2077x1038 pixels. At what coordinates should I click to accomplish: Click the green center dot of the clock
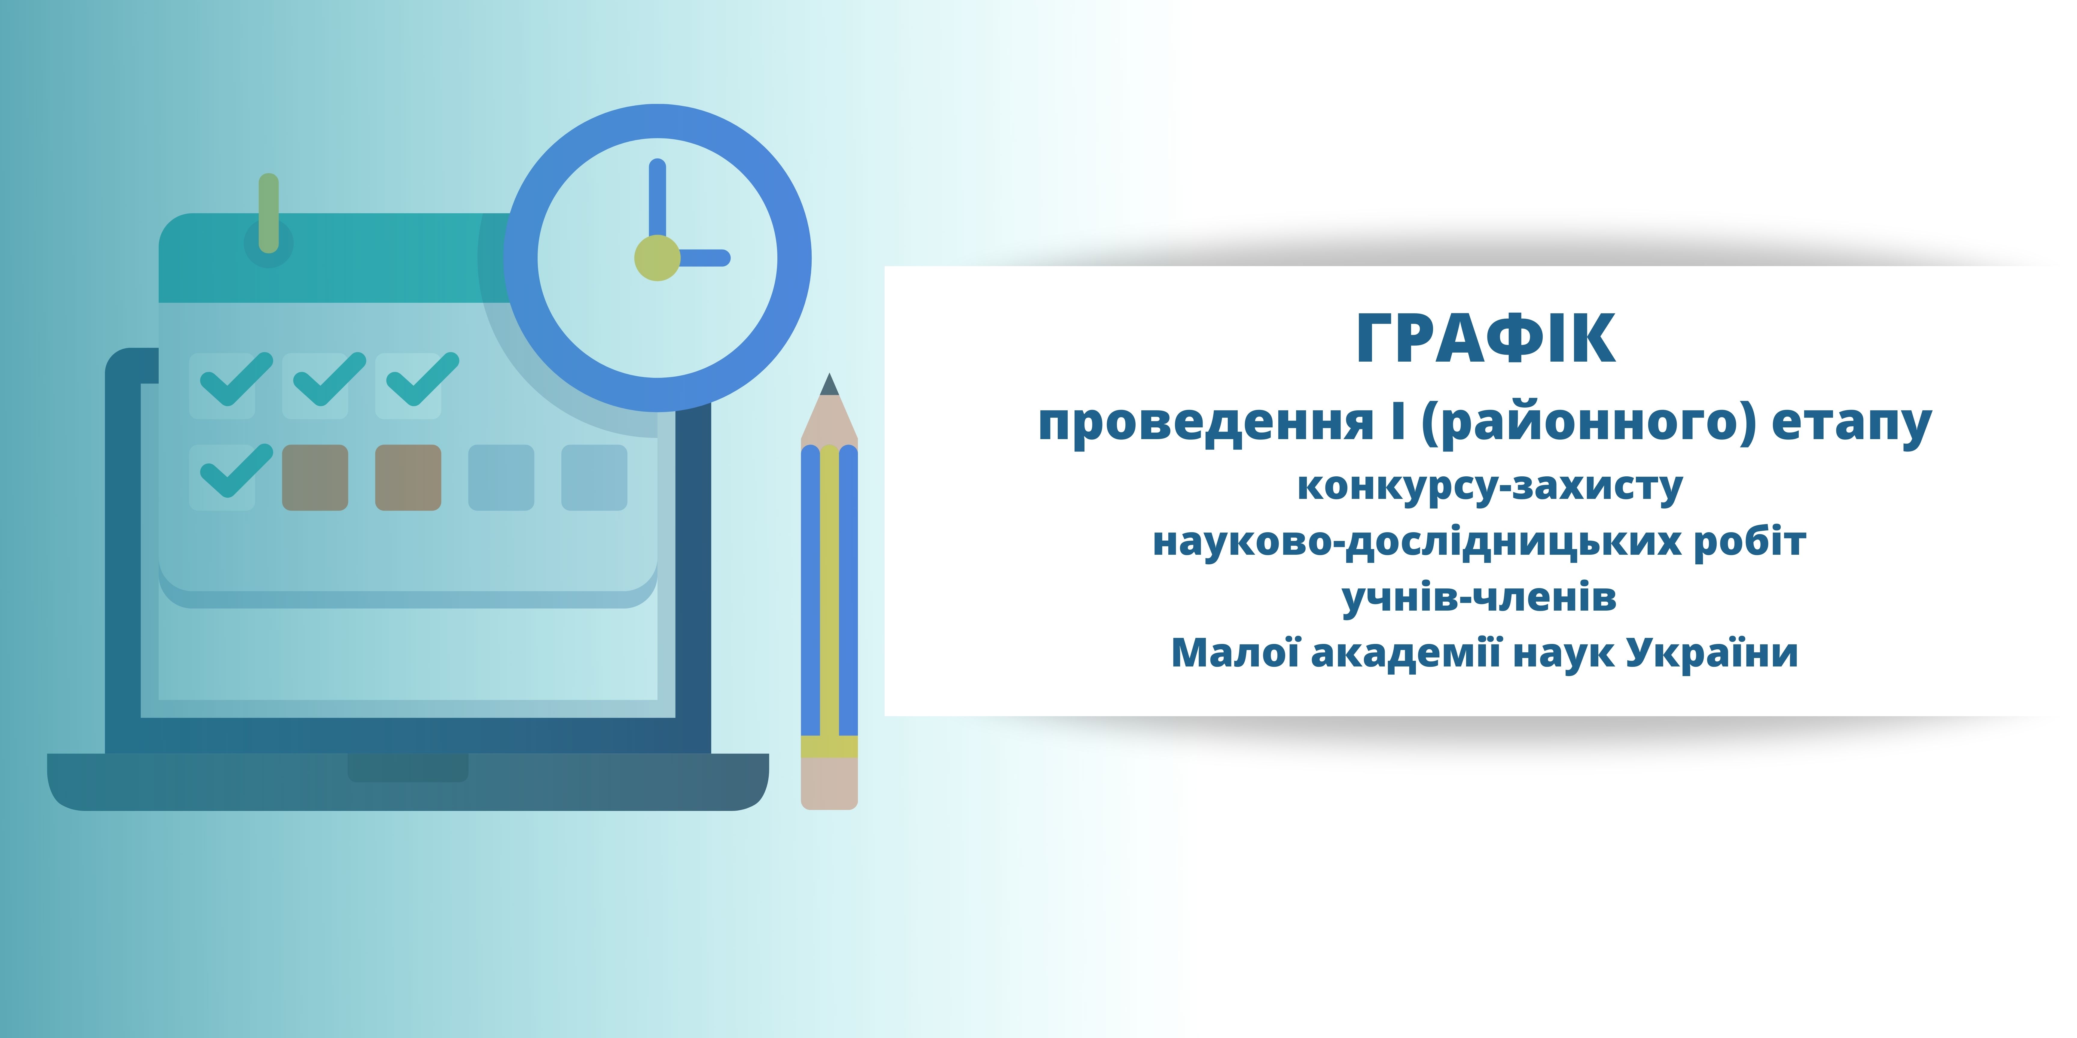pos(657,258)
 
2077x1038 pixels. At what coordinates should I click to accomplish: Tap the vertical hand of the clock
pos(657,202)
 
